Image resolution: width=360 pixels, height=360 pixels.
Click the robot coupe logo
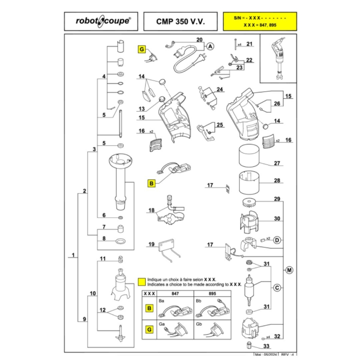click(x=101, y=21)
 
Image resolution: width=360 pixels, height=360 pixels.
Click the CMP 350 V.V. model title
click(x=180, y=21)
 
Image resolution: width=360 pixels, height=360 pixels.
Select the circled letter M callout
click(x=289, y=270)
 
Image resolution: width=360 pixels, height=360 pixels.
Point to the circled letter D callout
click(x=277, y=240)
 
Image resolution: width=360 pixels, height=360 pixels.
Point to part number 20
click(x=199, y=40)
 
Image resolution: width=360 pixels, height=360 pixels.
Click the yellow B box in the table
click(x=149, y=308)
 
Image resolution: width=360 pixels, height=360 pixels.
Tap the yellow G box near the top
click(x=141, y=50)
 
